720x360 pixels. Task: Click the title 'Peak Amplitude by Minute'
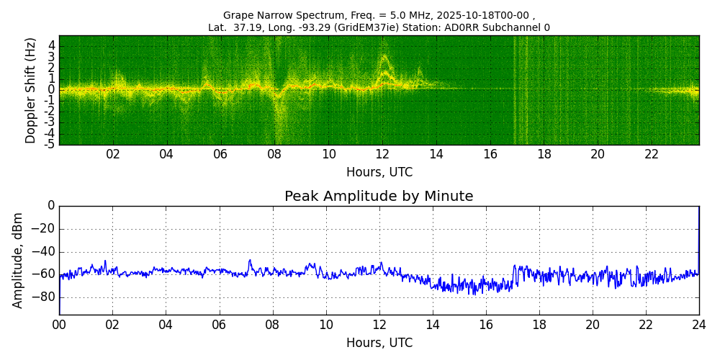tap(379, 196)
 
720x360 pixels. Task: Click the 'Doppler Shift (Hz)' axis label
tap(30, 90)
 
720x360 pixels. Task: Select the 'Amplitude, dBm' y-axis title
tap(18, 260)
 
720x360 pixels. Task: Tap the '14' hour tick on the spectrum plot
tap(436, 154)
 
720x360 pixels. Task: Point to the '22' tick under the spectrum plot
tap(652, 154)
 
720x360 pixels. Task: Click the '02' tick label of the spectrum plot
tap(113, 154)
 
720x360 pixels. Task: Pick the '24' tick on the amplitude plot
tap(699, 325)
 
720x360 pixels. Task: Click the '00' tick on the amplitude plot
tap(59, 325)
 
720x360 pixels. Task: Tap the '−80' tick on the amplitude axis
tap(42, 297)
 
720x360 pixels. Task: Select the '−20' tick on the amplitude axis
tap(42, 229)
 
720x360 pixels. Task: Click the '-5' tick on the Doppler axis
tap(50, 144)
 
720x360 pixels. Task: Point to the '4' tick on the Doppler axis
tap(52, 45)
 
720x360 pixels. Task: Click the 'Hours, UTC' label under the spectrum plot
tap(379, 172)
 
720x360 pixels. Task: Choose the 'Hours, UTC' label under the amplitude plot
tap(379, 343)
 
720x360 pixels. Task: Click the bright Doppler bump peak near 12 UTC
tap(384, 56)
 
